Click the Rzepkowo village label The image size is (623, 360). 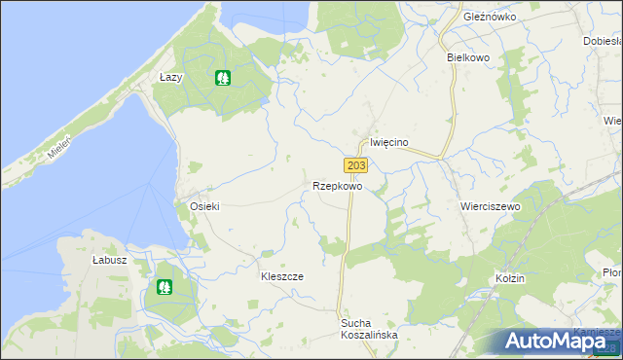tap(338, 186)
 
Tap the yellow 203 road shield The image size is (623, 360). tap(355, 166)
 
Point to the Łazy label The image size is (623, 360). tap(171, 77)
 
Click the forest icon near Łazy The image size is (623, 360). tap(223, 77)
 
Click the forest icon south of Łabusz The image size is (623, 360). tap(165, 287)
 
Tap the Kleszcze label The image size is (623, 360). tap(281, 276)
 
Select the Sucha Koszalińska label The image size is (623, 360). tap(369, 328)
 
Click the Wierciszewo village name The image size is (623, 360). tap(490, 207)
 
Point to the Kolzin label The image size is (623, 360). tap(509, 278)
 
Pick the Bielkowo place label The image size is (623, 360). tap(467, 57)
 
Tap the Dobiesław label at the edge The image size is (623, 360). tap(603, 42)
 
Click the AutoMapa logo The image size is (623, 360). tap(562, 342)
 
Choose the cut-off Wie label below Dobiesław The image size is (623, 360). tap(612, 121)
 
